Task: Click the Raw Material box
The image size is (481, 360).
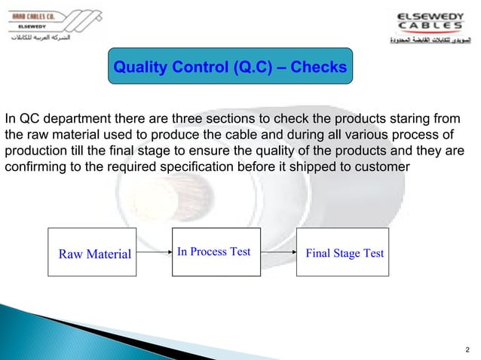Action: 93,254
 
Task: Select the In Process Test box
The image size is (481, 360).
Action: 213,252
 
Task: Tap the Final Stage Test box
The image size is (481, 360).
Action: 344,253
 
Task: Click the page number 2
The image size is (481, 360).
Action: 467,349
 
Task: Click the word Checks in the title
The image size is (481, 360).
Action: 318,69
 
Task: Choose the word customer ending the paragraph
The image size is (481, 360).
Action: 381,166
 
